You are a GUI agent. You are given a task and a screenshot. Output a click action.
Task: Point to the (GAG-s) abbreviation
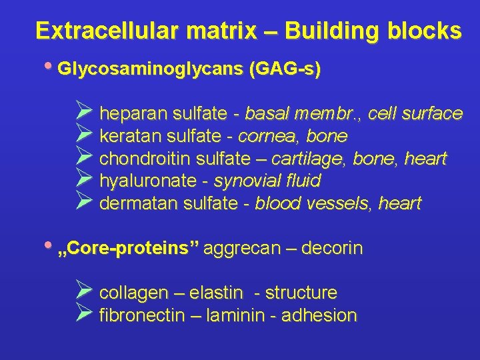tap(284, 69)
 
